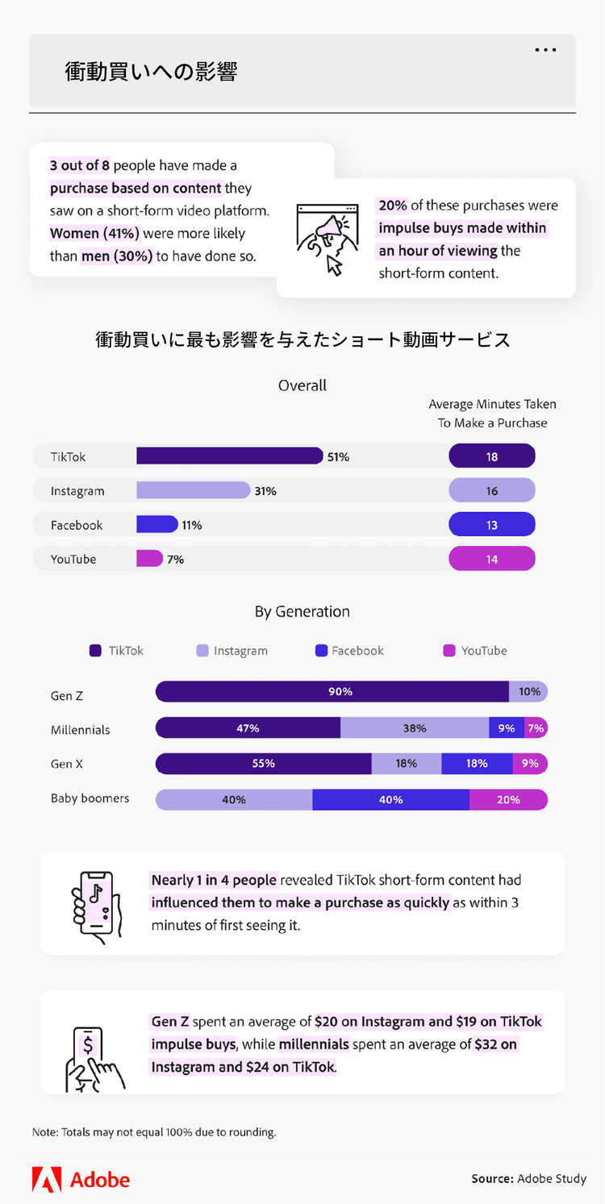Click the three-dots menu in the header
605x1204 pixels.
click(x=545, y=50)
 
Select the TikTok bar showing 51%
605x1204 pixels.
click(x=229, y=456)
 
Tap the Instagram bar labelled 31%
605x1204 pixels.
click(x=193, y=490)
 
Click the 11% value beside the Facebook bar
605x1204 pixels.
click(x=192, y=525)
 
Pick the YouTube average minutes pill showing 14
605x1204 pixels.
click(x=492, y=559)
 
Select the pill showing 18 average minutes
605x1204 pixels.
click(x=492, y=456)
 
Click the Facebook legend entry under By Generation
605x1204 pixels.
click(x=349, y=651)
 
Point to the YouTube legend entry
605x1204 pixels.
click(x=475, y=651)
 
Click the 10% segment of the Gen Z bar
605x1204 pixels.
click(x=529, y=691)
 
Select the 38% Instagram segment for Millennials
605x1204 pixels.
click(x=415, y=728)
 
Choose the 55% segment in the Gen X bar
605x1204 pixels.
click(x=263, y=764)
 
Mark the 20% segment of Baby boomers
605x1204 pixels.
click(x=508, y=800)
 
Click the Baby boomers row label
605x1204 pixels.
click(x=90, y=798)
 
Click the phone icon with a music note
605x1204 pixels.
click(x=96, y=903)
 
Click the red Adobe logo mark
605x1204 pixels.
click(x=46, y=1179)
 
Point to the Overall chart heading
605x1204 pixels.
click(x=302, y=385)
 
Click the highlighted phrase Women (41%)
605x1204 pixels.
click(x=94, y=234)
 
